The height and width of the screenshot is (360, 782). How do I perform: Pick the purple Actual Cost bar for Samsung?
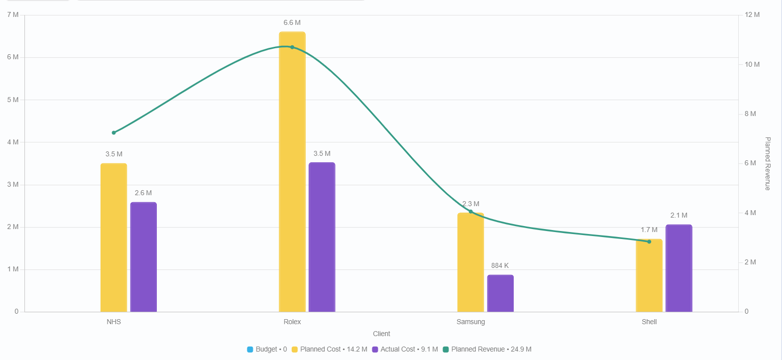pos(500,293)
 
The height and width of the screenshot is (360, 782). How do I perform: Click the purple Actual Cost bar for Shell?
pos(678,268)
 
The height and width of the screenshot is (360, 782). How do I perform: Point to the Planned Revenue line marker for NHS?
pos(114,132)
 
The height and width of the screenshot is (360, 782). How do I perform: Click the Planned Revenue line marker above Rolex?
pos(292,47)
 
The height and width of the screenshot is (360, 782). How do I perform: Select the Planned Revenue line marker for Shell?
pos(649,241)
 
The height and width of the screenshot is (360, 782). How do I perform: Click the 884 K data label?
pos(500,265)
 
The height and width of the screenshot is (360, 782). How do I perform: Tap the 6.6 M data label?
pos(292,23)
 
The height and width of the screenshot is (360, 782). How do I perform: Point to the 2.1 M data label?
pos(678,215)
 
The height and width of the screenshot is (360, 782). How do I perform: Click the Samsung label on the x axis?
pos(470,322)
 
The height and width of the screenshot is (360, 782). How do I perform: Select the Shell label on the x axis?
pos(649,322)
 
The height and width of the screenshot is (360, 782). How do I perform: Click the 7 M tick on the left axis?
pos(13,15)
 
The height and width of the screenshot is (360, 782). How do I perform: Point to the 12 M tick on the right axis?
pos(752,15)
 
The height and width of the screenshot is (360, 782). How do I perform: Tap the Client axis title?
pos(381,334)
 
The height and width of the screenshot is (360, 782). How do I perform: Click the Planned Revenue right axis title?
pos(768,163)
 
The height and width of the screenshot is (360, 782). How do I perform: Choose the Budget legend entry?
pos(267,349)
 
